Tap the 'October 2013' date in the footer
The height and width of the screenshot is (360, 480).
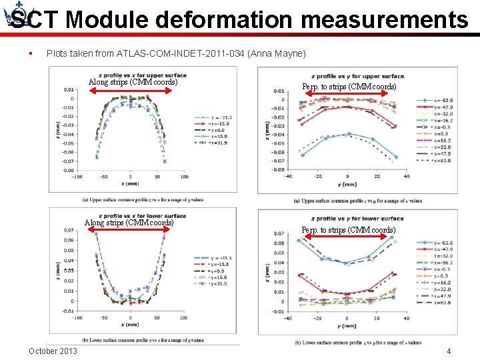[x=53, y=351]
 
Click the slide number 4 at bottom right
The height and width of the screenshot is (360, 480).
[x=449, y=351]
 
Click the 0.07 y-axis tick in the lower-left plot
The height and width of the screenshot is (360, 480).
[x=69, y=230]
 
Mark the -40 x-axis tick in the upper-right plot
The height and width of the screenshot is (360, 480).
[x=288, y=177]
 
